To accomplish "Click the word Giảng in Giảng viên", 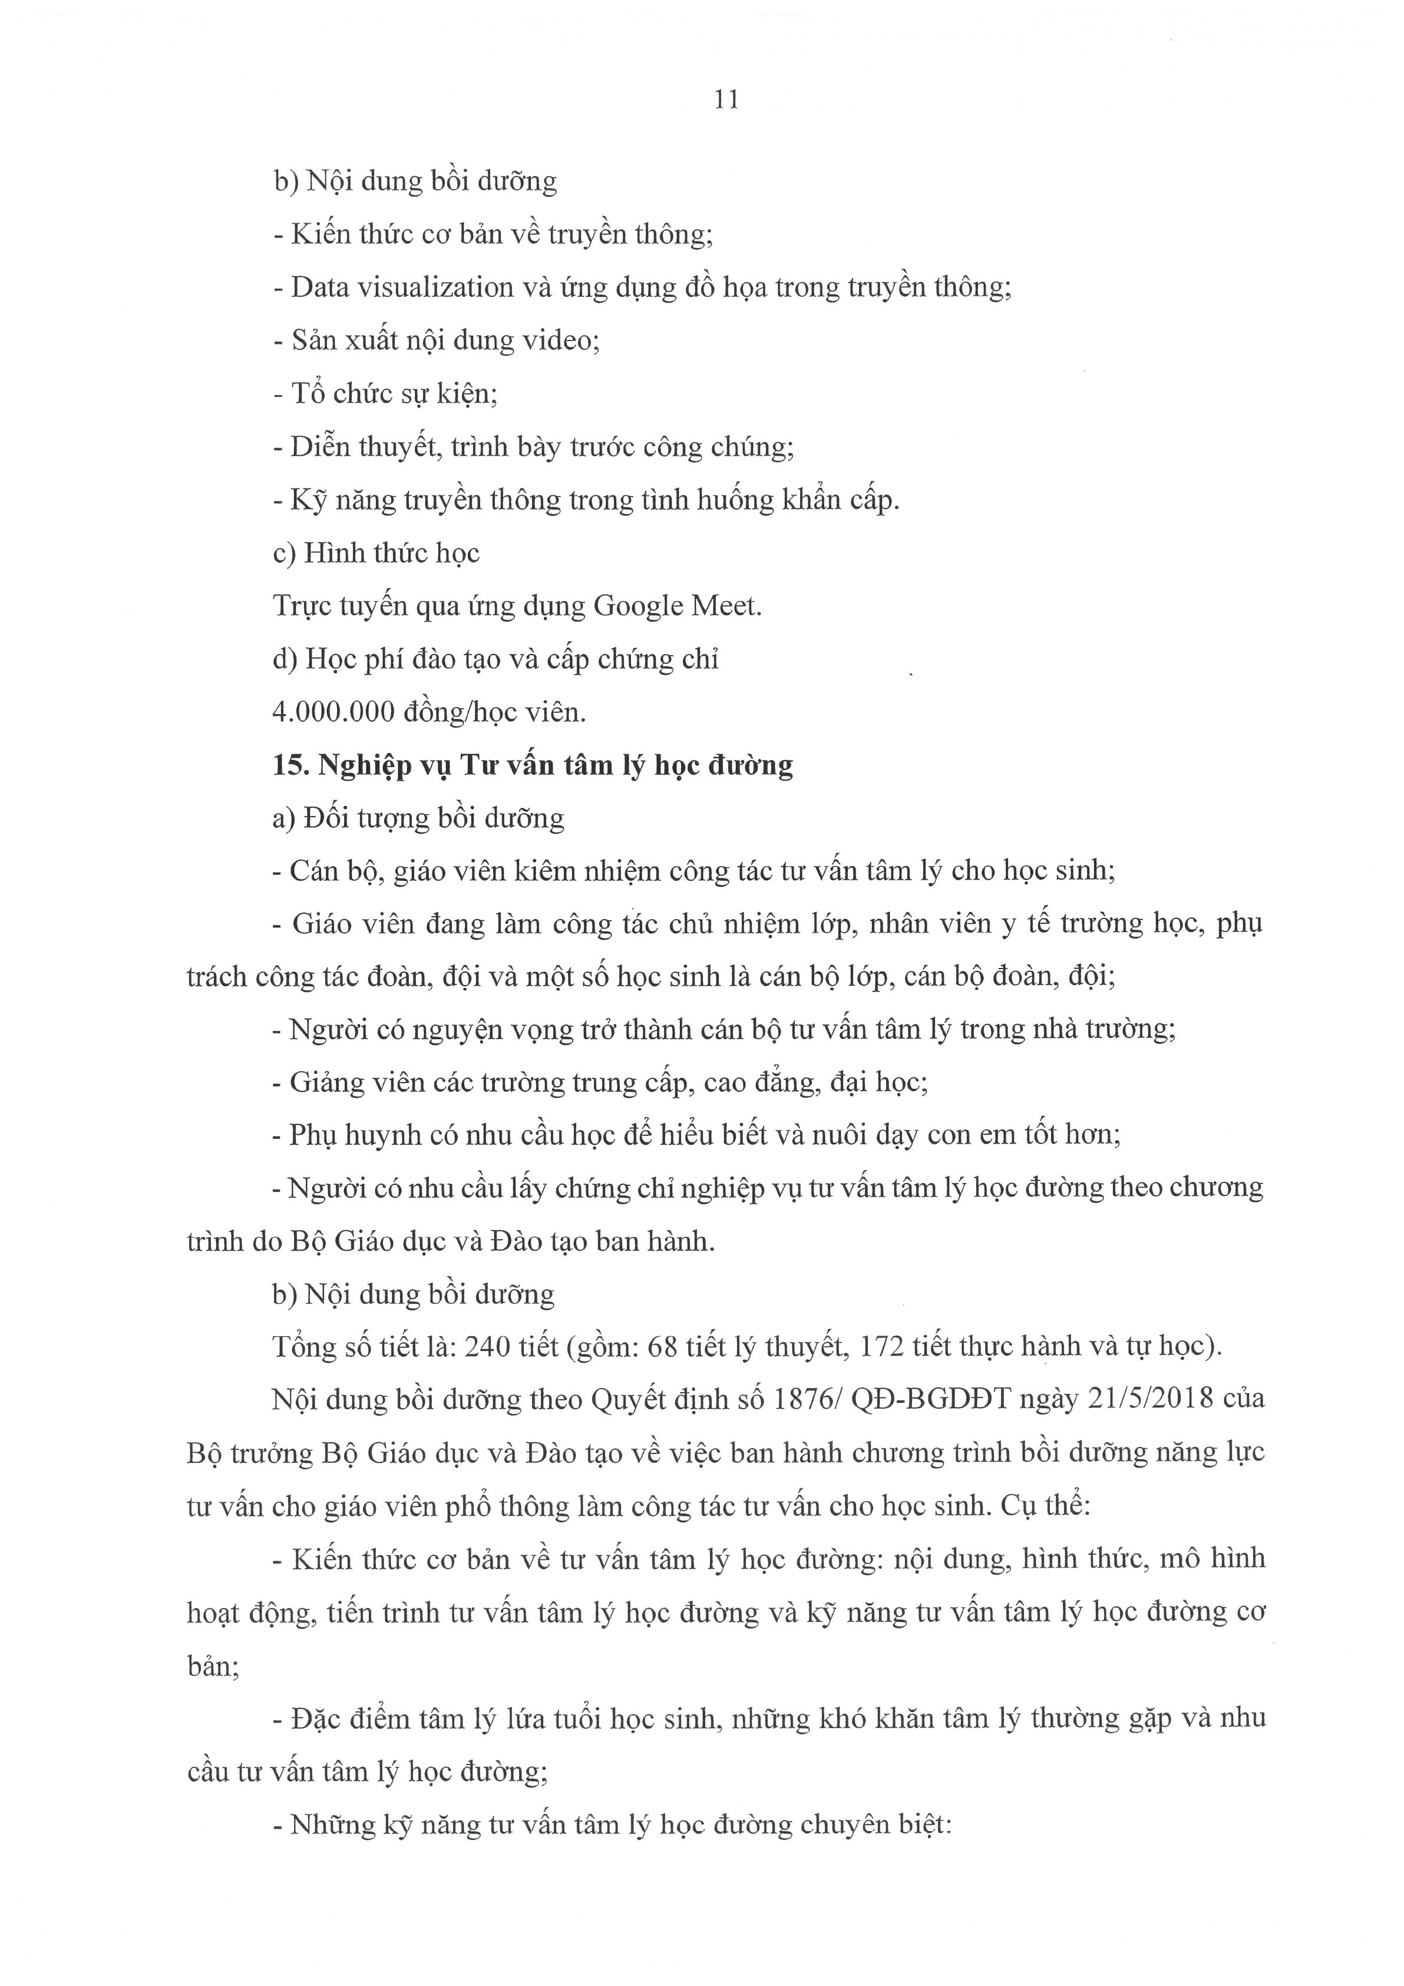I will click(x=328, y=1082).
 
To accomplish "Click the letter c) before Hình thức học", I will click(x=284, y=554).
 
